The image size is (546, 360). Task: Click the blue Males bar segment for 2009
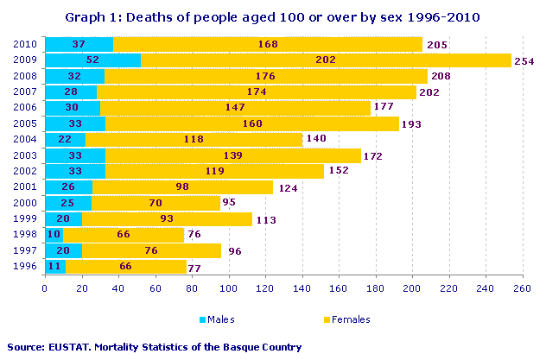click(x=92, y=60)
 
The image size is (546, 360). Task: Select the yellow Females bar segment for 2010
click(x=268, y=44)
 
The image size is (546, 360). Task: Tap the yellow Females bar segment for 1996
click(x=126, y=267)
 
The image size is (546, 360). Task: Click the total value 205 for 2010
click(x=436, y=44)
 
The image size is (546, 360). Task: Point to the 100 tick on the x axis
click(x=228, y=290)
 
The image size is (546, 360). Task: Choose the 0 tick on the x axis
click(x=45, y=290)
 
